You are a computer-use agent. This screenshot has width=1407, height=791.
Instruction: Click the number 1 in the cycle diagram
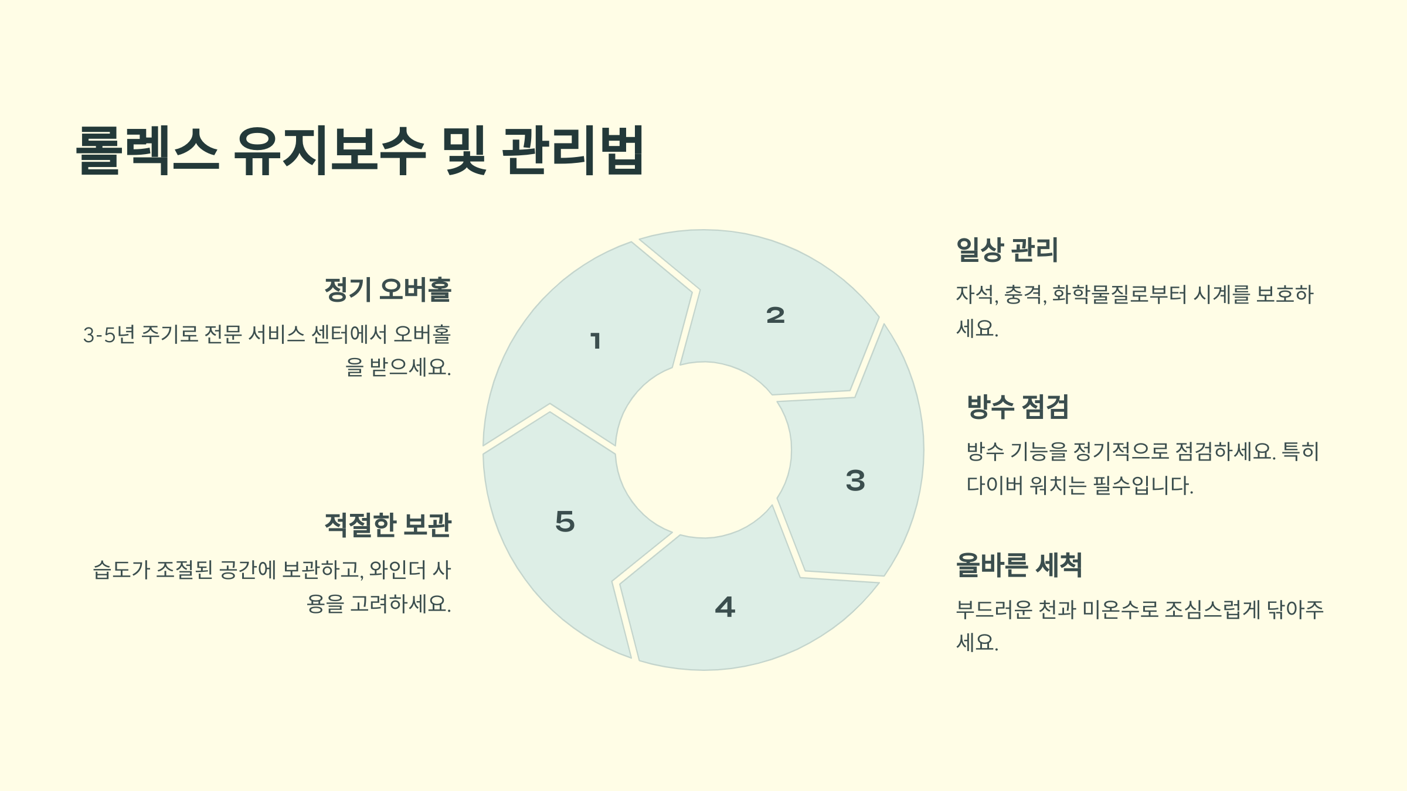pos(596,340)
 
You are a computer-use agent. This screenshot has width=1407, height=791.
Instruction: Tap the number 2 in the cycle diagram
pos(775,315)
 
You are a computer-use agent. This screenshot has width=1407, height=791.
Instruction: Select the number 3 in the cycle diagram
pos(855,480)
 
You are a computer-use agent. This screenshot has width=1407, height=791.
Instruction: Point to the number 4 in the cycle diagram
pos(725,607)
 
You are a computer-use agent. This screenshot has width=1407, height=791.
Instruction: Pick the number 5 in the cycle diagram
pos(565,521)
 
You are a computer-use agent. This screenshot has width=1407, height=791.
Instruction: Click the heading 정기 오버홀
pos(388,289)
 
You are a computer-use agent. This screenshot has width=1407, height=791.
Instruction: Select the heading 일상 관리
pos(1007,250)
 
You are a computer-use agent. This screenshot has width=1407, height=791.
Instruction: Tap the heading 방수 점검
pos(1017,407)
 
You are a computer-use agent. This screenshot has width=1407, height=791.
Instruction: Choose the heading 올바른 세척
pos(1018,565)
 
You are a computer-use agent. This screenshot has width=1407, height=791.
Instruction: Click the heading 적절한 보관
pos(388,524)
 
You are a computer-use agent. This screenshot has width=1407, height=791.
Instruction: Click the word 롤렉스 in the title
pos(148,151)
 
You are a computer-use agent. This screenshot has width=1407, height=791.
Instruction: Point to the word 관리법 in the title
pos(573,151)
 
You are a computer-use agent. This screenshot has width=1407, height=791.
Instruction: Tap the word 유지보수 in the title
pos(329,151)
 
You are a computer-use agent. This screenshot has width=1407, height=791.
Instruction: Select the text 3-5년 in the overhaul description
pos(109,335)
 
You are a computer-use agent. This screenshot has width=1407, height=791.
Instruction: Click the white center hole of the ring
pos(704,450)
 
